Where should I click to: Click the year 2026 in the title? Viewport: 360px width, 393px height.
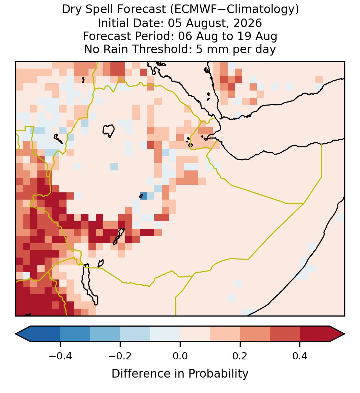pos(248,23)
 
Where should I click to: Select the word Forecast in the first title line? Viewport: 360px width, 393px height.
pos(142,10)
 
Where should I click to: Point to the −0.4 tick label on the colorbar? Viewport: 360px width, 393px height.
pos(60,356)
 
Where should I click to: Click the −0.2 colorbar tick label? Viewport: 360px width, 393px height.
pos(120,356)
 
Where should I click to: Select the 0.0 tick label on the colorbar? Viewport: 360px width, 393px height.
pos(180,356)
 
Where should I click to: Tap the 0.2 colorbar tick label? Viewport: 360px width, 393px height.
pos(240,356)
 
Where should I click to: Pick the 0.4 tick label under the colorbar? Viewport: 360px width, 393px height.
pos(300,356)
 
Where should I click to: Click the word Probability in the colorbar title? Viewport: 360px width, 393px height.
pos(218,374)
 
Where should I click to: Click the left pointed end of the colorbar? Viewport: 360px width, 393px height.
pos(15,334)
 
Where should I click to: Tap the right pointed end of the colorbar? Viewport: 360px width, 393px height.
pos(345,334)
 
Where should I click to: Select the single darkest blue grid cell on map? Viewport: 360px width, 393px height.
pos(143,196)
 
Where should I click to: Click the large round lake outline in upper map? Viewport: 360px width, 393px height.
pos(108,131)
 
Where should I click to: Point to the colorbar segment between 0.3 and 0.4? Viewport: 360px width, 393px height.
pos(285,334)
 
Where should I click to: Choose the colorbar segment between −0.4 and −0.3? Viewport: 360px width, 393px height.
pos(75,334)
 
